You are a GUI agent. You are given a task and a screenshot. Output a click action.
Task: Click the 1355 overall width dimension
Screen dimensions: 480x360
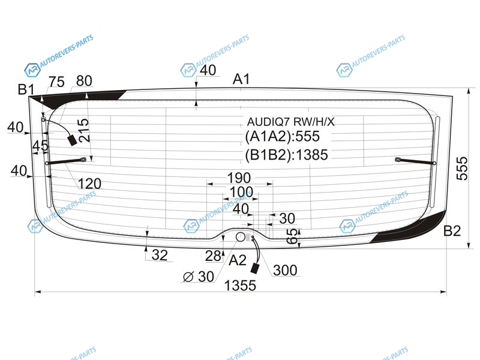[x=240, y=286]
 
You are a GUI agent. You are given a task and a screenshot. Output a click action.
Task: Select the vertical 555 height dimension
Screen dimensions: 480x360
[x=462, y=169]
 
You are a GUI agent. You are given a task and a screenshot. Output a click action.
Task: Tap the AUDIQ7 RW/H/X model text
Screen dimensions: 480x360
[x=290, y=122]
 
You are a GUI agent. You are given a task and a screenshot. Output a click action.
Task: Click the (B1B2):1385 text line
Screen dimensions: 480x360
[x=287, y=155]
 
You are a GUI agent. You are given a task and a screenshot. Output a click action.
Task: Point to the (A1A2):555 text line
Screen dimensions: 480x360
[x=282, y=136]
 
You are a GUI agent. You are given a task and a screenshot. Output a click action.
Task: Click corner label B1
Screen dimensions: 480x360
[x=26, y=89]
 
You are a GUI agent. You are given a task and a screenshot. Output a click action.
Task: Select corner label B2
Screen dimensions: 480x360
[x=452, y=231]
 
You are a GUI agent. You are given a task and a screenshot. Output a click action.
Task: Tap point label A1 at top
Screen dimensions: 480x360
[x=241, y=79]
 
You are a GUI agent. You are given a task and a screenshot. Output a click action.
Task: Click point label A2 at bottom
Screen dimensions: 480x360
[x=238, y=260]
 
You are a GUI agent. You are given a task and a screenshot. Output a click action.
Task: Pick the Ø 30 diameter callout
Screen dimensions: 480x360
[x=199, y=277]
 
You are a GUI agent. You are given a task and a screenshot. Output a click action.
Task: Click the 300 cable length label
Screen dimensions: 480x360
[x=285, y=271]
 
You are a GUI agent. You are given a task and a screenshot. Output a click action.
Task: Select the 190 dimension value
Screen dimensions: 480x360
[x=239, y=178]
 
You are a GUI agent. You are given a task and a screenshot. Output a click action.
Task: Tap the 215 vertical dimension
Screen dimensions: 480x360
[x=83, y=130]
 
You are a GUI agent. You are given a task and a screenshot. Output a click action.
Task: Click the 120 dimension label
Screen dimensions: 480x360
[x=89, y=184]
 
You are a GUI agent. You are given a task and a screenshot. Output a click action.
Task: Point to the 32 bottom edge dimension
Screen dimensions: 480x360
[x=160, y=255]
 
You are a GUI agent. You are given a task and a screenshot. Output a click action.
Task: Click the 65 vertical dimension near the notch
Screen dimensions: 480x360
[x=293, y=236]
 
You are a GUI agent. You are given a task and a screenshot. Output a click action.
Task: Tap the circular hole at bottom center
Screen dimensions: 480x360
[x=241, y=236]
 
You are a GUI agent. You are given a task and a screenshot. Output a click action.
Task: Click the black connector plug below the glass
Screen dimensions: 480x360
[x=254, y=268]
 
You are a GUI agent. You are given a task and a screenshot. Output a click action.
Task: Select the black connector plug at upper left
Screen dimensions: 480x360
[x=72, y=140]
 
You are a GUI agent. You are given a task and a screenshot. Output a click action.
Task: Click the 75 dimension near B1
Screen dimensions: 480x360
[x=56, y=82]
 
